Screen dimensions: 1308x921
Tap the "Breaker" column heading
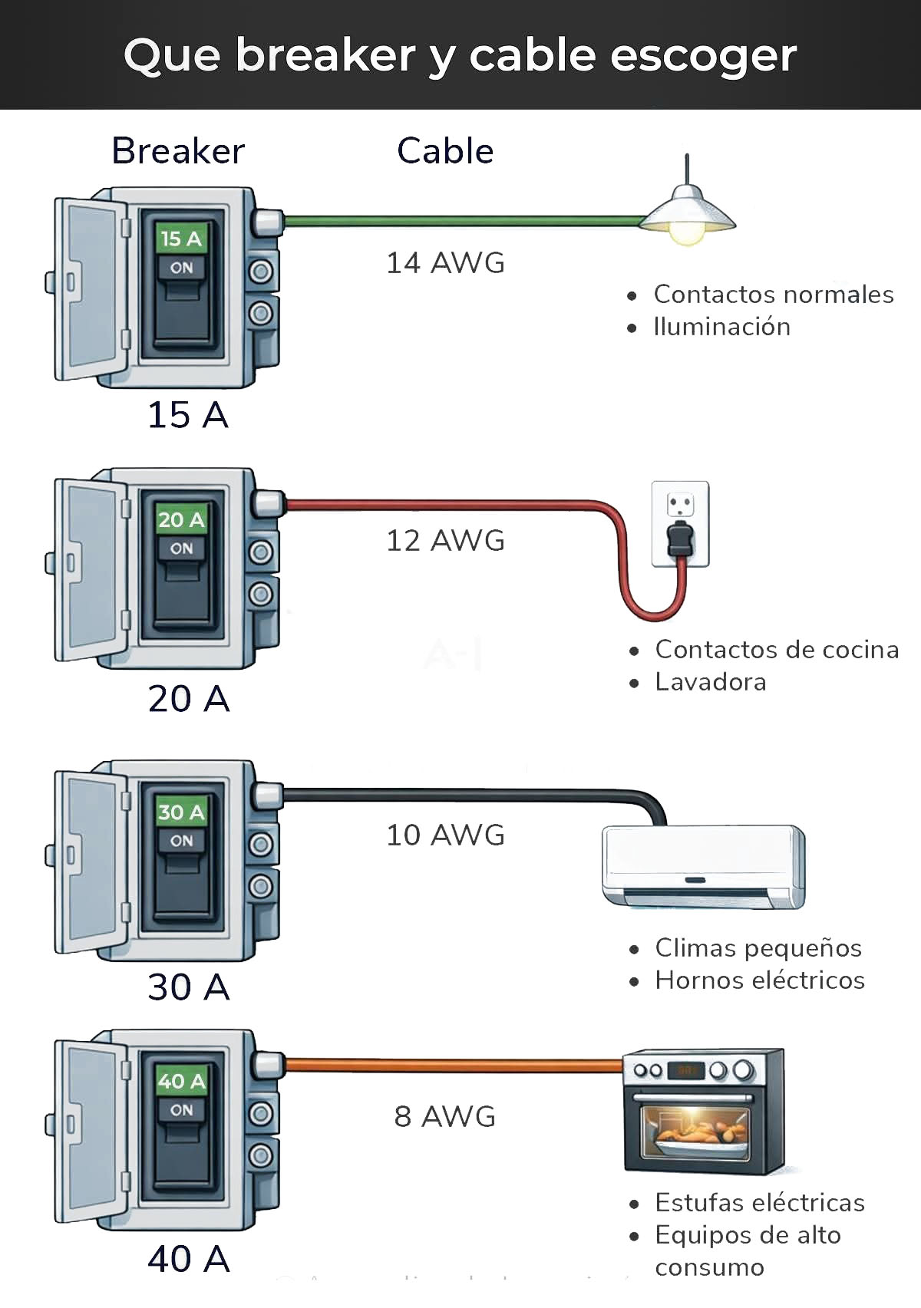[178, 151]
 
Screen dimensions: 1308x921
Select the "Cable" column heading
[445, 151]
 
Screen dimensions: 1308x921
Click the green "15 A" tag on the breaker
[181, 239]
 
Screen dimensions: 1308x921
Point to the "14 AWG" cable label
[445, 263]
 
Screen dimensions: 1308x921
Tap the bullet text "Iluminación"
[721, 327]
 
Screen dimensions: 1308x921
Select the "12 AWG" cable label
[445, 541]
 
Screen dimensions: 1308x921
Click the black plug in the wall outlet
[679, 538]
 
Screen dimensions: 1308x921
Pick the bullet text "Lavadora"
[711, 682]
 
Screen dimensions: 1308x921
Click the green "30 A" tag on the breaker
[181, 812]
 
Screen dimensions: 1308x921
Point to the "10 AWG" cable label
[445, 835]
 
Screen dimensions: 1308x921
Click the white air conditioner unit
[703, 865]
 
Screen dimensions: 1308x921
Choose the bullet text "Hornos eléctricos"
[760, 980]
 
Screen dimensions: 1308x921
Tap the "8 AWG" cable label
[445, 1117]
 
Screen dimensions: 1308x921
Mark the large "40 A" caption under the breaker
[189, 1259]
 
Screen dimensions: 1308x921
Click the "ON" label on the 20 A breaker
[182, 549]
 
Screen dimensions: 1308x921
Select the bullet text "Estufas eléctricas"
[760, 1203]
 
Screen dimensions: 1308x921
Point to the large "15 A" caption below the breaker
[188, 415]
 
